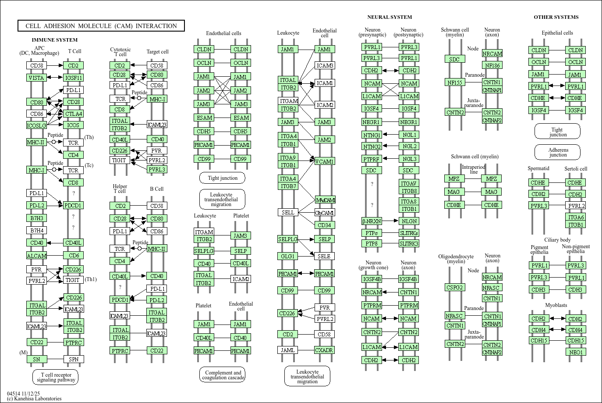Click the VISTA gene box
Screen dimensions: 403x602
[36, 78]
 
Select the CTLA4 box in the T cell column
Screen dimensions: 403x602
[73, 114]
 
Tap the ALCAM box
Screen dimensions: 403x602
[36, 256]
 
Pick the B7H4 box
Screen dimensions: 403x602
[36, 230]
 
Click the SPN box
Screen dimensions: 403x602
[73, 359]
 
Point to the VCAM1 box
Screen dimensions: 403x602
[324, 161]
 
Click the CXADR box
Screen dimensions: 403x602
[324, 350]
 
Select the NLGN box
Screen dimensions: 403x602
[409, 221]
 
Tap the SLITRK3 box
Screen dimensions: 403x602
[409, 243]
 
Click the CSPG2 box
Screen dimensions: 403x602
[455, 287]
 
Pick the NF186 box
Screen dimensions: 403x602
[492, 65]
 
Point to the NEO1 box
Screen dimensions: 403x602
[576, 352]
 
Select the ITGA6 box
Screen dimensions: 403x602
[576, 217]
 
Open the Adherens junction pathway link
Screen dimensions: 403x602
[557, 152]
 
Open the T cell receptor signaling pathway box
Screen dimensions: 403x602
[55, 377]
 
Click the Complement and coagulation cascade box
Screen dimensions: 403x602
[223, 375]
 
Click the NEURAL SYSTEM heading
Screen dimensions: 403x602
[390, 17]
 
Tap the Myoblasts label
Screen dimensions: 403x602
[556, 305]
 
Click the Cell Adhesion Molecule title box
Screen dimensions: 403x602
[101, 26]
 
